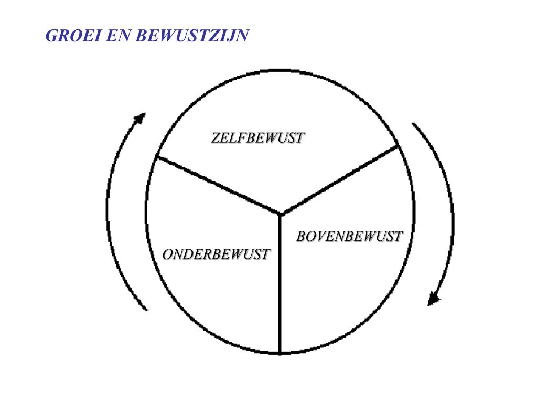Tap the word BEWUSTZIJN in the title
click(x=192, y=36)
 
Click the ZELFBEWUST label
click(x=257, y=138)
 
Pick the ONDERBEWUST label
click(x=216, y=254)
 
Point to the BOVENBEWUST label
click(x=349, y=237)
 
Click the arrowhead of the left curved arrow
click(x=140, y=118)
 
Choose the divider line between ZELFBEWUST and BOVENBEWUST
click(x=341, y=180)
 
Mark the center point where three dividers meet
click(x=281, y=214)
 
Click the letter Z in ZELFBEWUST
click(x=216, y=138)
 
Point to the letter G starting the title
click(x=51, y=36)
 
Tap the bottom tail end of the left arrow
click(x=146, y=309)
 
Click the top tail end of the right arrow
click(x=414, y=124)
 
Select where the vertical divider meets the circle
click(x=280, y=353)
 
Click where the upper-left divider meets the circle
click(x=157, y=156)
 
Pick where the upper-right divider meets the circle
click(x=399, y=146)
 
